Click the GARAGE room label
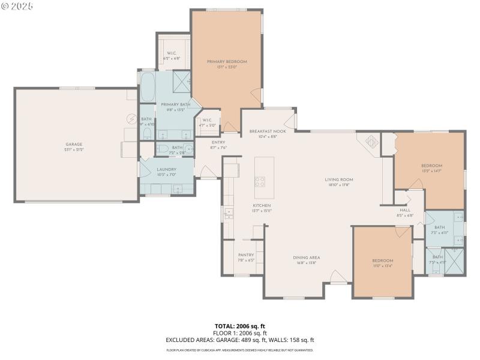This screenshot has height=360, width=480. click(74, 145)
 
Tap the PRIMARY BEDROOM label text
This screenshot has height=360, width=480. click(227, 61)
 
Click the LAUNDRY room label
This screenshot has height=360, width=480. click(166, 169)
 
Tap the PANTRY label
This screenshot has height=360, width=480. click(246, 255)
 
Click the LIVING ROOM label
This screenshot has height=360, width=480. click(338, 179)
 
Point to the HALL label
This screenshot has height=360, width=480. click(405, 210)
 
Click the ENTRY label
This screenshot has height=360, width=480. click(218, 142)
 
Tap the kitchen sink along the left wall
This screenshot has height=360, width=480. click(229, 212)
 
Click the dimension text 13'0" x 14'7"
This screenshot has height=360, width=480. click(431, 172)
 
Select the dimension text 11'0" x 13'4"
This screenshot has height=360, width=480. click(382, 266)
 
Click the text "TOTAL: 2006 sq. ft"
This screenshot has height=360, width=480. click(239, 326)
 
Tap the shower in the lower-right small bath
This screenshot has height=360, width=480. click(453, 263)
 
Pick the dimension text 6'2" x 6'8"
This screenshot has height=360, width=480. click(172, 58)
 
